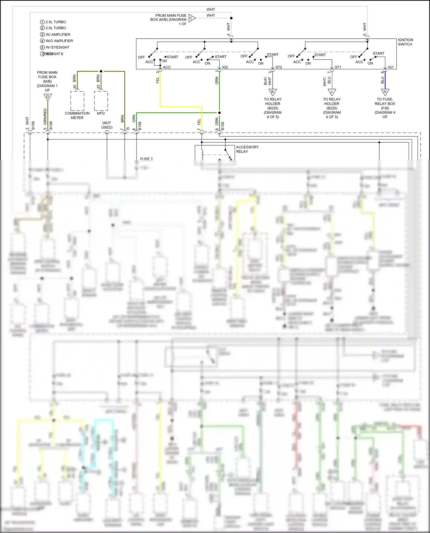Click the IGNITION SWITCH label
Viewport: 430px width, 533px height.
pyautogui.click(x=405, y=42)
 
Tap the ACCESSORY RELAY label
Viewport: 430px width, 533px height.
pyautogui.click(x=247, y=149)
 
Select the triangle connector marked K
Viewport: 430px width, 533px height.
pyautogui.click(x=272, y=92)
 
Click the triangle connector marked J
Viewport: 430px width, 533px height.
pyautogui.click(x=332, y=92)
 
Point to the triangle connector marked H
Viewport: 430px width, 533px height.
pyautogui.click(x=385, y=92)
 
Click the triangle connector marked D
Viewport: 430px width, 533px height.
pyautogui.click(x=48, y=97)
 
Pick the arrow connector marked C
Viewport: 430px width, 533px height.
pyautogui.click(x=191, y=18)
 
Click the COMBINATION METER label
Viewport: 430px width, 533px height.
pyautogui.click(x=77, y=115)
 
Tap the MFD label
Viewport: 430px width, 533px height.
pyautogui.click(x=101, y=113)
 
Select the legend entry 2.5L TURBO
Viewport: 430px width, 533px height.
pyautogui.click(x=56, y=22)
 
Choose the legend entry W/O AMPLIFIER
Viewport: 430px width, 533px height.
pyautogui.click(x=59, y=41)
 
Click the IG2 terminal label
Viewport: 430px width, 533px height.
pyautogui.click(x=225, y=67)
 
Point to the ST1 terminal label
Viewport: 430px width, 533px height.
pyautogui.click(x=338, y=67)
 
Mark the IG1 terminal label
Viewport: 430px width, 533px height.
pyautogui.click(x=391, y=67)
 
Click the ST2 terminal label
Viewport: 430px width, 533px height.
pyautogui.click(x=279, y=67)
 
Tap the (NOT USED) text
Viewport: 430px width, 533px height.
pyautogui.click(x=107, y=125)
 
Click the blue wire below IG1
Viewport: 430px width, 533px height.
pyautogui.click(x=385, y=80)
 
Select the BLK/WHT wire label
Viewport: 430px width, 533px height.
pyautogui.click(x=267, y=81)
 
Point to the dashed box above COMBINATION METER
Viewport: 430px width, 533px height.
pyautogui.click(x=77, y=101)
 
